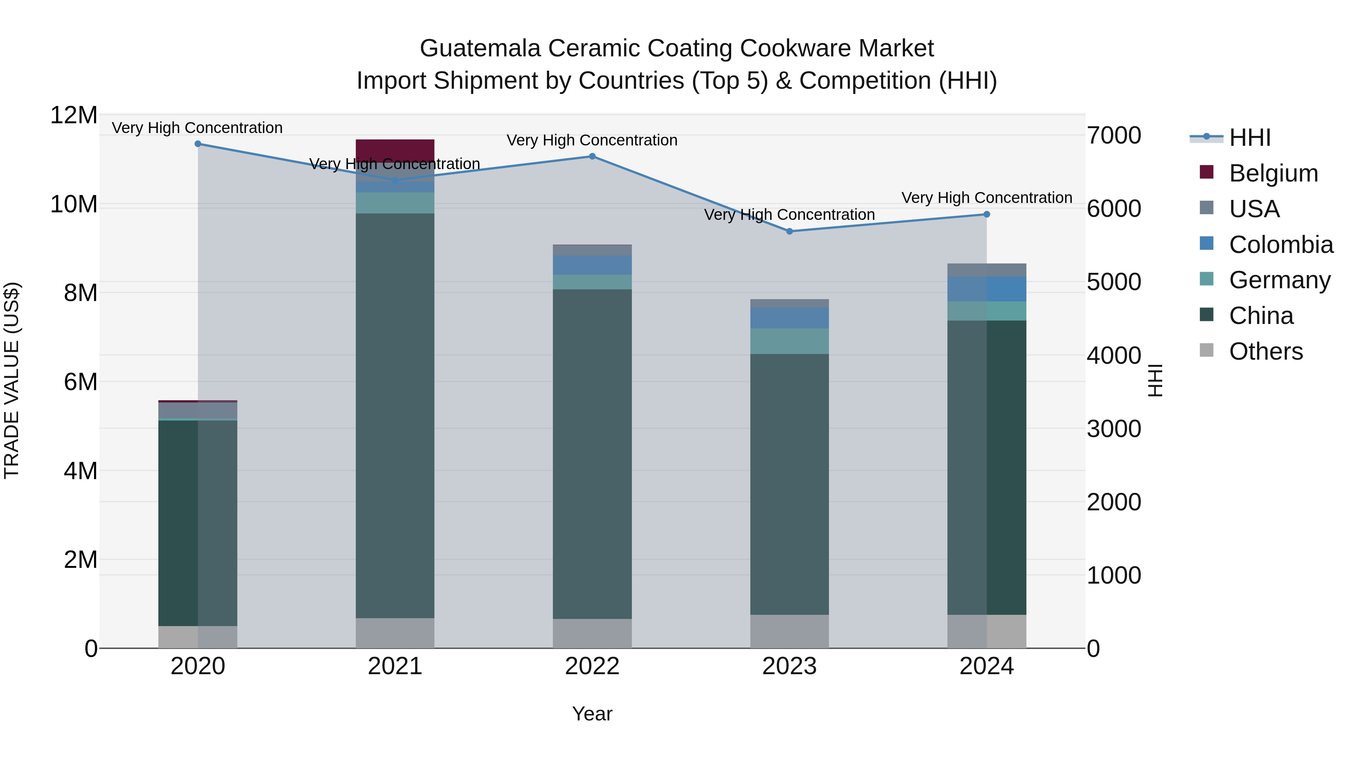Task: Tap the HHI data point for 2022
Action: pyautogui.click(x=592, y=156)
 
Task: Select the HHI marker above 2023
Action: pyautogui.click(x=789, y=231)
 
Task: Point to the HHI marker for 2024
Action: pyautogui.click(x=987, y=214)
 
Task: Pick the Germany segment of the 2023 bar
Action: pyautogui.click(x=789, y=341)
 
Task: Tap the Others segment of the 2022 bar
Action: pyautogui.click(x=592, y=633)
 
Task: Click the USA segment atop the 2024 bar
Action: pyautogui.click(x=987, y=270)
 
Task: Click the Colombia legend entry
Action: pyautogui.click(x=1280, y=245)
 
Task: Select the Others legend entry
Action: pyautogui.click(x=1266, y=351)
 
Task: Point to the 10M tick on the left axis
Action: pyautogui.click(x=74, y=204)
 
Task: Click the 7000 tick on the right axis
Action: pyautogui.click(x=1114, y=136)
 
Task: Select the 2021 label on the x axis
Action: pyautogui.click(x=395, y=666)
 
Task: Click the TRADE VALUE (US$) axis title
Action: pyautogui.click(x=12, y=381)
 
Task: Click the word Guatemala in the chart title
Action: pyautogui.click(x=480, y=49)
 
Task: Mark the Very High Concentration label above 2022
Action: pyautogui.click(x=592, y=140)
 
